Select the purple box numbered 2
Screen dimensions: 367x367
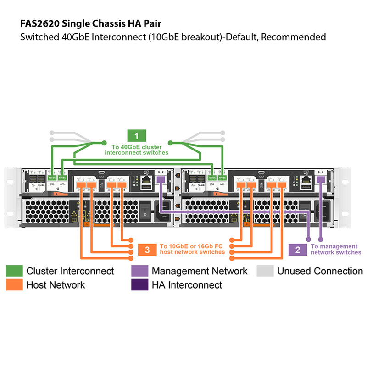[x=298, y=250]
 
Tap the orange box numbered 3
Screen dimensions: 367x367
[x=147, y=250]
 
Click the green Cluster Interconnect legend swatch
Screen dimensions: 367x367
[x=14, y=271]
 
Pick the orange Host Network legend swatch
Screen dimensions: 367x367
[x=14, y=285]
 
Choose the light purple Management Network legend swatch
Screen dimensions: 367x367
[x=139, y=271]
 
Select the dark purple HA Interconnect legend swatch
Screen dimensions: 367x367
[x=139, y=285]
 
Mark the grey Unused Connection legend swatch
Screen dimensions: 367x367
[x=265, y=271]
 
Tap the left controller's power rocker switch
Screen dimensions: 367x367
[x=145, y=210]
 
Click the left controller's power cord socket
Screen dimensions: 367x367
[x=166, y=212]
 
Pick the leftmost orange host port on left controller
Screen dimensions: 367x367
[x=81, y=185]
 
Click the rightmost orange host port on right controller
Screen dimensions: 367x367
[x=282, y=185]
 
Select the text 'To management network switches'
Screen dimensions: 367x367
[x=336, y=250]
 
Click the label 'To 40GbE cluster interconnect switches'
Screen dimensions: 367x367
[x=137, y=150]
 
